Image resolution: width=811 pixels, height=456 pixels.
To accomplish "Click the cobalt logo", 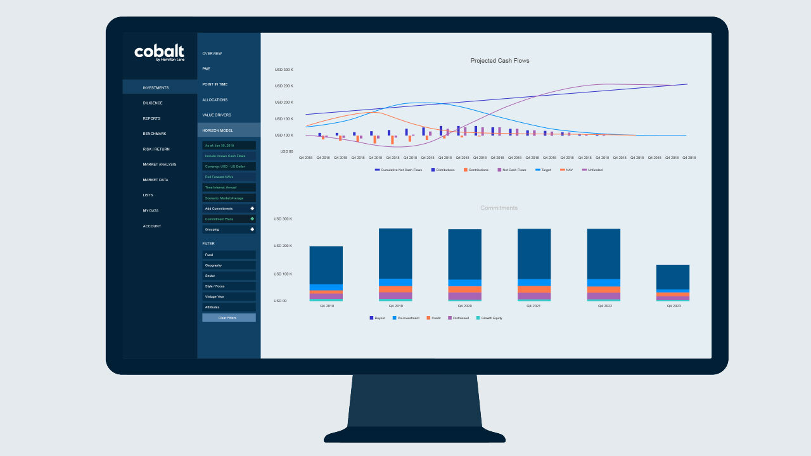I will click(x=159, y=53).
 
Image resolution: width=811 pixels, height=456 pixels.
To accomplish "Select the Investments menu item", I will click(x=155, y=87).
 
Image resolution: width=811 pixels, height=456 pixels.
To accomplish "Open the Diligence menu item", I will click(x=152, y=103).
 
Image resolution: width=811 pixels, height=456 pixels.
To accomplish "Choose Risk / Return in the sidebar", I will click(x=156, y=149).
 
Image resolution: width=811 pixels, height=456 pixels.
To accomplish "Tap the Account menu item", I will click(x=151, y=226).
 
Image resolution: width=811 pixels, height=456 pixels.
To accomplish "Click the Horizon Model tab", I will click(x=217, y=130).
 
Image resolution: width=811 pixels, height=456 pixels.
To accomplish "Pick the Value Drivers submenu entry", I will click(x=217, y=115).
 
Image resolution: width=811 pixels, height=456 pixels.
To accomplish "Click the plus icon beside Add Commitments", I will click(x=252, y=208).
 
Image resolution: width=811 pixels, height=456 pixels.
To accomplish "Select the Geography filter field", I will click(x=229, y=265).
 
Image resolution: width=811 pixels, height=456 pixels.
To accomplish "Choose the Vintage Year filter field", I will click(x=229, y=296).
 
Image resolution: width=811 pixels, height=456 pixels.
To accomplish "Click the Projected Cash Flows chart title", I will click(x=500, y=61).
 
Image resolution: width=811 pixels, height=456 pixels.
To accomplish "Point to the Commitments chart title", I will click(x=499, y=208).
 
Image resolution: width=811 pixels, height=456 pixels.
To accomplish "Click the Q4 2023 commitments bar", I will click(x=672, y=282).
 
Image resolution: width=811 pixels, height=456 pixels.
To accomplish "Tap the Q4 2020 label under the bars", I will click(x=464, y=306).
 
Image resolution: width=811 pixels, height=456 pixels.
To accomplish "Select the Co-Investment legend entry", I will click(x=408, y=318).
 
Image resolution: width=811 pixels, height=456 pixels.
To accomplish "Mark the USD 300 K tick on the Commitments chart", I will click(x=283, y=219).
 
